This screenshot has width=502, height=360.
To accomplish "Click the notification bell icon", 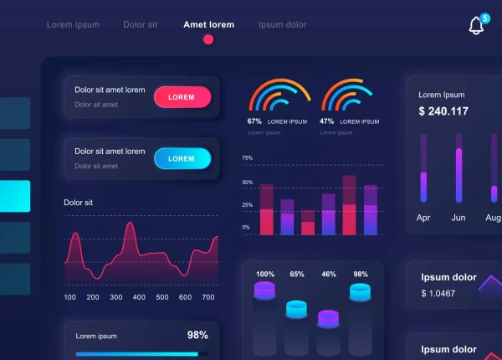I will coord(476,25).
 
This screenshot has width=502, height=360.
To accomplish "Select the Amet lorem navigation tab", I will coord(208,24).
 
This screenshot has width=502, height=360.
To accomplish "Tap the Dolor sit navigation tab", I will coord(140,24).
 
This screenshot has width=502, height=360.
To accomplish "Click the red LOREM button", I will coord(182,97).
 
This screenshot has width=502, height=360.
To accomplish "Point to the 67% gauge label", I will coord(254,121).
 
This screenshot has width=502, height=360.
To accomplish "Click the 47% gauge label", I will coord(326,121).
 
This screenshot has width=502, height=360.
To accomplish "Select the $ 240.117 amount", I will coord(443,111).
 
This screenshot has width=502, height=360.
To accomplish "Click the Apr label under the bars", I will coord(423,218).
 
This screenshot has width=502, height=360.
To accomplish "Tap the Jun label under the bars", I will coord(458,218).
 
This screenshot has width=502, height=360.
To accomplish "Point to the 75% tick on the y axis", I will coord(247,157).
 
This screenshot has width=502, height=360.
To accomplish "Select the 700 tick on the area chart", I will coord(208,297).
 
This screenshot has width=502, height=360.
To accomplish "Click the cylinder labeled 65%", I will coord(297,310).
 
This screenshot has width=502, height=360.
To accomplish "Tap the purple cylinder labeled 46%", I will coord(328,318).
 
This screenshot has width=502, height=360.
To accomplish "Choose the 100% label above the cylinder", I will coord(265,274).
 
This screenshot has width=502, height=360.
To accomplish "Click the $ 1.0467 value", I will coord(438,293).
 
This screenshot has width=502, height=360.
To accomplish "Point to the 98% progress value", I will coord(197,335).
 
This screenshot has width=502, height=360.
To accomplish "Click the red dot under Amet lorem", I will coord(208,39).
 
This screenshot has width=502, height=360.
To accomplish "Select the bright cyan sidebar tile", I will coord(15,196).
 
